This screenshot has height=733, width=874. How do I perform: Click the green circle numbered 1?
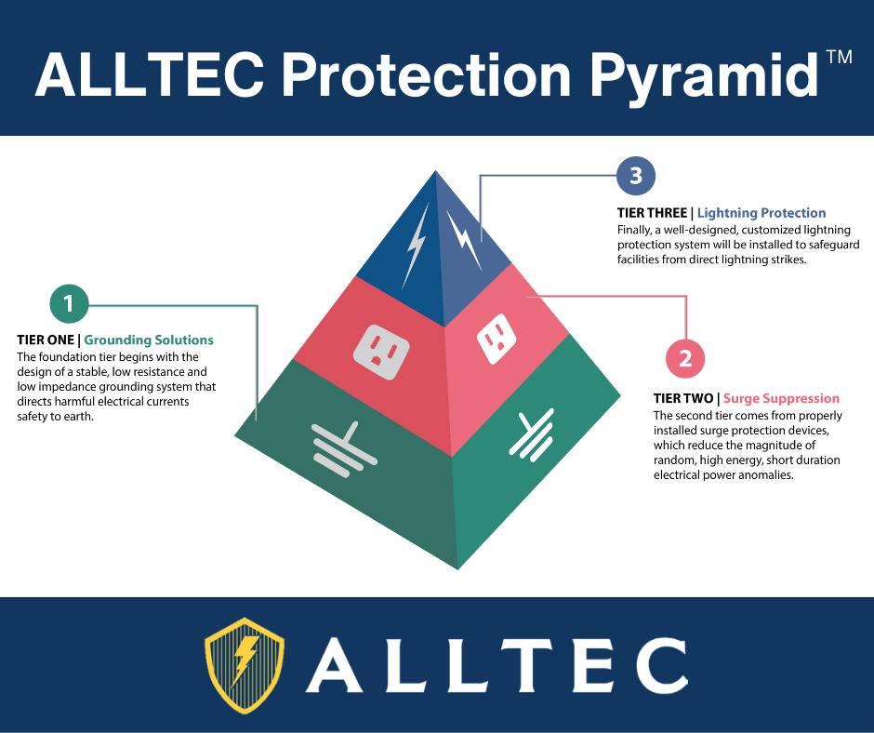[x=69, y=304]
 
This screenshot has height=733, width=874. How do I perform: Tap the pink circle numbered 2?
[x=685, y=358]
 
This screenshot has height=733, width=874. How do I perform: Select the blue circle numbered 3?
[x=636, y=176]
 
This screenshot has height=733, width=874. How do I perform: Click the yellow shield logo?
[x=245, y=665]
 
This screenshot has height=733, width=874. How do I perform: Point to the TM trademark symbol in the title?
[x=839, y=58]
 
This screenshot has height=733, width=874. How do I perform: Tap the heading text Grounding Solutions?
[x=149, y=340]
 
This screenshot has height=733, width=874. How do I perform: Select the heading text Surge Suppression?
[x=781, y=398]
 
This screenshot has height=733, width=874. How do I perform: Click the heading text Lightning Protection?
[x=761, y=212]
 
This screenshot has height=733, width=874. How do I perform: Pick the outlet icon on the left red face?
[x=382, y=352]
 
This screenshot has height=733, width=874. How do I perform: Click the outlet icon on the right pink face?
[x=496, y=339]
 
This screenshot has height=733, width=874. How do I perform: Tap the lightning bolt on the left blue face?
[x=416, y=245]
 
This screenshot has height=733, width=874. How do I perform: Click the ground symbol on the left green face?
[x=344, y=449]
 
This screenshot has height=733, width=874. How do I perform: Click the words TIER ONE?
[x=46, y=340]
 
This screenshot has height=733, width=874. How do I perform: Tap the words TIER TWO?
[x=683, y=398]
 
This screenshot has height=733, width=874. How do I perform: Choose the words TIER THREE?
[x=652, y=212]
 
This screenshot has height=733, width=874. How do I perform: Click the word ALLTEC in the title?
[x=149, y=74]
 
